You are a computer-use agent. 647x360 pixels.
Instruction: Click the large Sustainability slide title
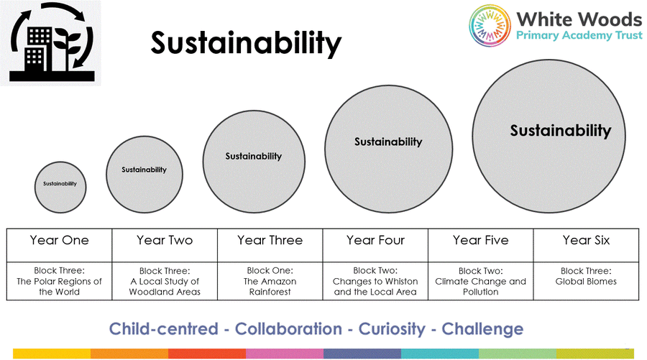246,44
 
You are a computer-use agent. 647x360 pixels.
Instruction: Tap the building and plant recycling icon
51,43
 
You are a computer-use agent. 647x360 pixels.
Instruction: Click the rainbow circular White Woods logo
490,26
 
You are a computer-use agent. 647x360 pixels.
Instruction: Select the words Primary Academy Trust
579,35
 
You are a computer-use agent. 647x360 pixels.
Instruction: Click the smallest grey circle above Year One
60,188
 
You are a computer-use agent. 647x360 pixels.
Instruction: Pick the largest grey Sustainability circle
549,136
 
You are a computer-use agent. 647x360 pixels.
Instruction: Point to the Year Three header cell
270,245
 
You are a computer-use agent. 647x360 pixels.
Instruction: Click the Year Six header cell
586,245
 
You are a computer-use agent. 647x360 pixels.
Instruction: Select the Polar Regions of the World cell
60,281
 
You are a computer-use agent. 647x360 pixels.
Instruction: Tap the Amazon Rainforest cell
270,281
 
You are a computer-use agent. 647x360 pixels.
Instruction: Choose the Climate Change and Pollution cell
481,281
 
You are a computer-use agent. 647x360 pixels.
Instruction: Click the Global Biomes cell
586,281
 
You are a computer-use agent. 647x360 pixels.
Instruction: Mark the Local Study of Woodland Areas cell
165,281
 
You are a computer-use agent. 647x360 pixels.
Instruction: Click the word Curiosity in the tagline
392,329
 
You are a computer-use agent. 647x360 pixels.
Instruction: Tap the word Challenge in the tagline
482,329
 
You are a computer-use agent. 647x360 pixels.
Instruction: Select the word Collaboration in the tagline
288,329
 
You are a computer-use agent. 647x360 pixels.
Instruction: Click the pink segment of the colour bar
285,354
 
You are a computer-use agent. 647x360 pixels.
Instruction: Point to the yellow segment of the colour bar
52,354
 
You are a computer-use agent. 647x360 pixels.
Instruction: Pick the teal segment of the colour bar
440,354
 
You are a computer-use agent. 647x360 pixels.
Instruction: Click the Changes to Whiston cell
375,281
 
